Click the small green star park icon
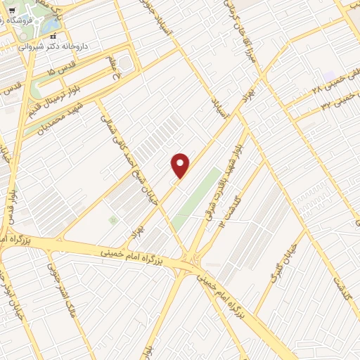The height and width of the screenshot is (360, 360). (x=112, y=220)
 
